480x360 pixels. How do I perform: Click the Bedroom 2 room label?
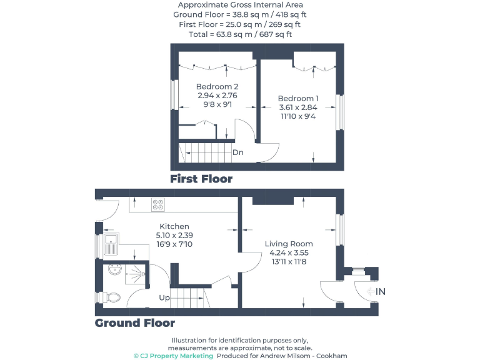tap(217, 86)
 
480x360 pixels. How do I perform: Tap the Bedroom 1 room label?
tap(298, 98)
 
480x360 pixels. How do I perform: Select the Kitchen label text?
tap(174, 226)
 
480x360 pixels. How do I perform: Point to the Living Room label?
tap(289, 244)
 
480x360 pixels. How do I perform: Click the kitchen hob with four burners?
tap(157, 203)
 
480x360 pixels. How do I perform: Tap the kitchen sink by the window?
tap(111, 244)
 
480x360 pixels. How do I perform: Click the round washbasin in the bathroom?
tap(114, 270)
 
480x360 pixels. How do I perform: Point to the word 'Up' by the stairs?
tap(164, 297)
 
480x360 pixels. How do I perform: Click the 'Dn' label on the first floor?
tap(237, 152)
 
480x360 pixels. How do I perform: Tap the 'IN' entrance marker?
tap(381, 291)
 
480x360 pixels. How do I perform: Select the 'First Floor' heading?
tap(201, 179)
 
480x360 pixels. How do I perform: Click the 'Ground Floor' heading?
tap(135, 323)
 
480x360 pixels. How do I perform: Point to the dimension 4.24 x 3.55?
tap(289, 253)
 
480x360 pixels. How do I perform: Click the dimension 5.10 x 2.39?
tap(174, 235)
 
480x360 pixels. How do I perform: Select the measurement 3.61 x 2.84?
tap(298, 107)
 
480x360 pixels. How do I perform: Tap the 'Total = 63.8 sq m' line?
tap(240, 34)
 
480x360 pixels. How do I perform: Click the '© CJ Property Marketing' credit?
tap(174, 356)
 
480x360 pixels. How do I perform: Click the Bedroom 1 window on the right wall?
tap(341, 112)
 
